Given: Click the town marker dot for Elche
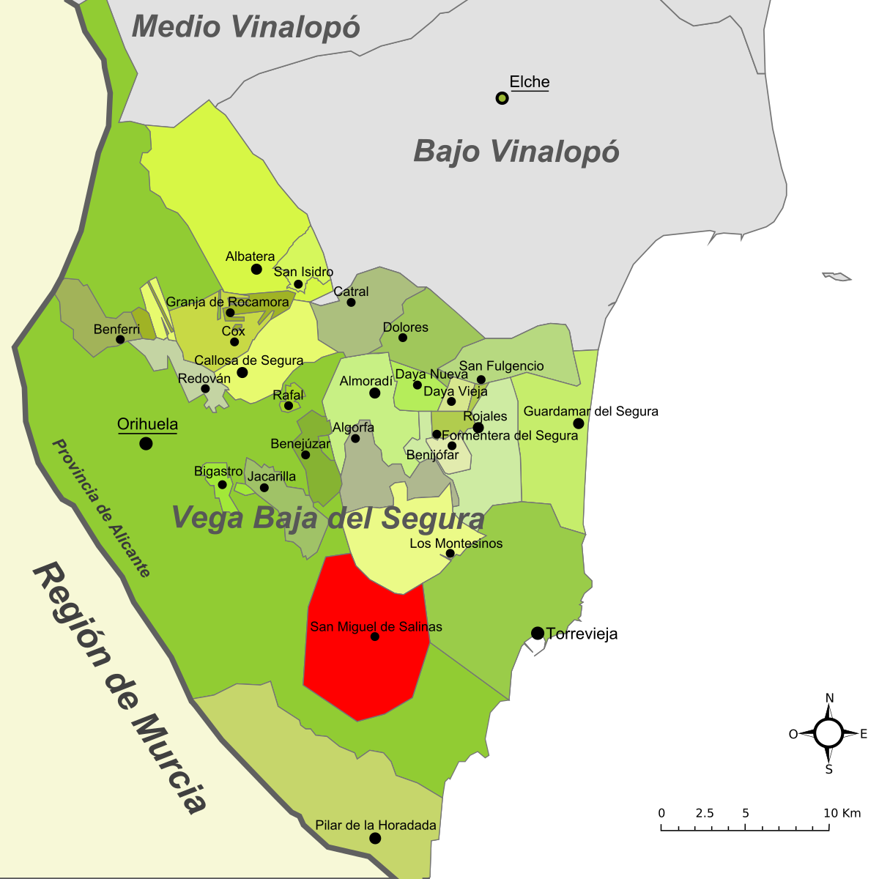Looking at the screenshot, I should [x=502, y=98].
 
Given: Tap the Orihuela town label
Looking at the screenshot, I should [x=147, y=424].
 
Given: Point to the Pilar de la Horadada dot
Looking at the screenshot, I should [x=375, y=838].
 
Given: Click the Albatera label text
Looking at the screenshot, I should [x=250, y=256].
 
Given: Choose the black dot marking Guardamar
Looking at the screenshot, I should [x=579, y=423].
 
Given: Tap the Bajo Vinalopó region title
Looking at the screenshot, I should [x=516, y=152].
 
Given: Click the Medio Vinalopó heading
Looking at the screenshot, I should [x=245, y=27].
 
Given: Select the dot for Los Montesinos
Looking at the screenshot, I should [x=450, y=553].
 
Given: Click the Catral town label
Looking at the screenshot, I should [x=351, y=292].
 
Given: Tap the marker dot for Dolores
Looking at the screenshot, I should [x=402, y=338].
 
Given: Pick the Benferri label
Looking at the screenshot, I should [x=116, y=330].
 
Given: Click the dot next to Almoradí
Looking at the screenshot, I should [x=374, y=393].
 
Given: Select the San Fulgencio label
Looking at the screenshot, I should [x=501, y=366].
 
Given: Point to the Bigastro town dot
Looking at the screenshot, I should [x=223, y=485].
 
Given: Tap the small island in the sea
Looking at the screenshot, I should [x=837, y=276].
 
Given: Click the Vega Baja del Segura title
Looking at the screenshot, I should [x=327, y=518].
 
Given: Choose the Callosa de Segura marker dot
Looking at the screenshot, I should [x=242, y=373].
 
